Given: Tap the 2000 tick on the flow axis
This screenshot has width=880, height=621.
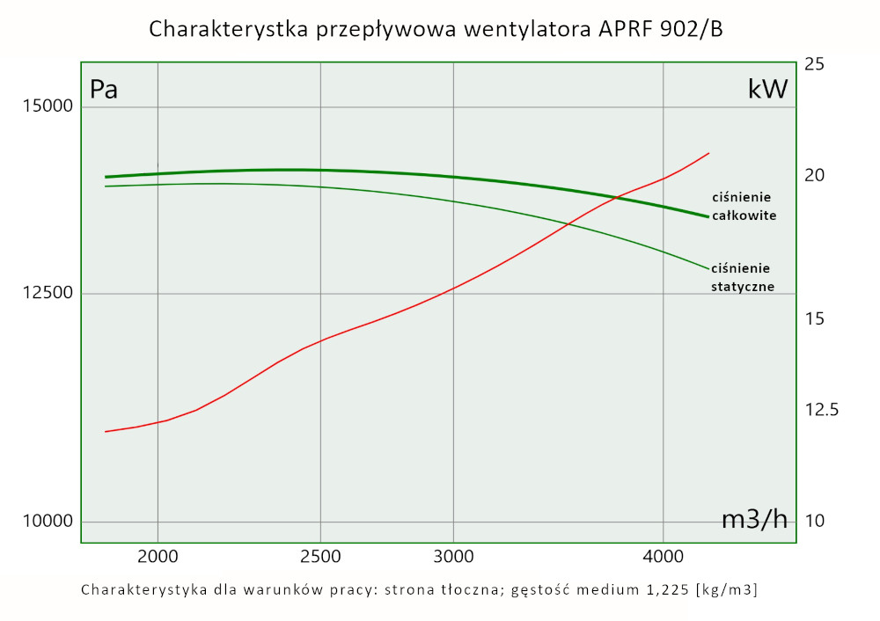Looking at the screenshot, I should tap(158, 556).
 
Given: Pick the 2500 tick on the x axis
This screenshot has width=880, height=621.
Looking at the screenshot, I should tap(320, 556).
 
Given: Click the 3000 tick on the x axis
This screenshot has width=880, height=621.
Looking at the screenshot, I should tap(453, 556).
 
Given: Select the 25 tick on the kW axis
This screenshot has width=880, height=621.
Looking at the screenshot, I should tap(814, 64).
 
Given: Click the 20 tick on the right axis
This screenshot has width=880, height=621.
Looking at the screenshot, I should tap(814, 175).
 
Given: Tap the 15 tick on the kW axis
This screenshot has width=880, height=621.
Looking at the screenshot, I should tap(814, 318).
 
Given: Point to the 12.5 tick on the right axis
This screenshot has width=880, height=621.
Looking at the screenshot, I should tap(822, 410).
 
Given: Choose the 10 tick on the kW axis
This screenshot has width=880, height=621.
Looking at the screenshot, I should tap(814, 522).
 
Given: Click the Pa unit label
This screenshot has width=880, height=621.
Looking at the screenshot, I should tap(104, 90).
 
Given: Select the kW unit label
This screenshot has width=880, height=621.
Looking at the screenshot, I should tap(766, 90).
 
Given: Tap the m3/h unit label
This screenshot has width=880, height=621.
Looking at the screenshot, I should tap(754, 520).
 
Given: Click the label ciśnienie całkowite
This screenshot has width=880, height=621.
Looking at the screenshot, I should tap(744, 206).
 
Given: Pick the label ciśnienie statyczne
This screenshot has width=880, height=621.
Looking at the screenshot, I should tap(742, 277).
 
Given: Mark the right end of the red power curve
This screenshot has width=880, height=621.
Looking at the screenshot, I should tap(708, 153).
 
